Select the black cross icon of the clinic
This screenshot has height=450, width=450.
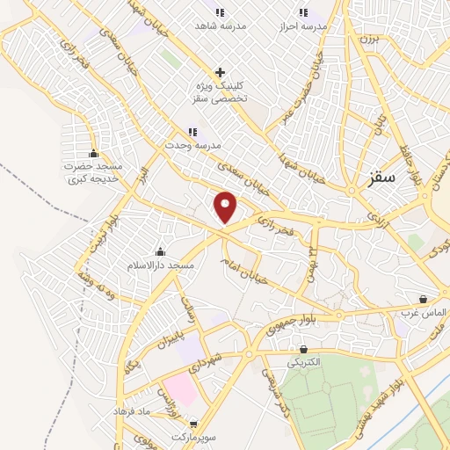[220, 72]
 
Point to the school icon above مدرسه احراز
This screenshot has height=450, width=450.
[304, 12]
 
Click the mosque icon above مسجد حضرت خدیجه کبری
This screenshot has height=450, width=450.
[93, 155]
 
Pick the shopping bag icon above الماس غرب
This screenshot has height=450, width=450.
[425, 300]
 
